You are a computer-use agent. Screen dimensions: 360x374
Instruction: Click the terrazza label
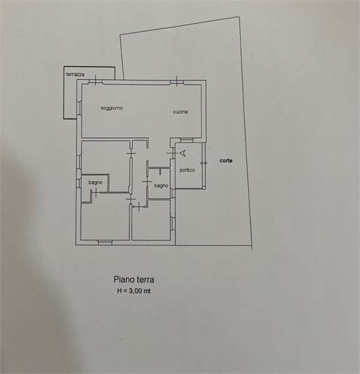coord(75,75)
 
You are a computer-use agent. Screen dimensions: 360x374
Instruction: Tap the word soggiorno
coord(112,108)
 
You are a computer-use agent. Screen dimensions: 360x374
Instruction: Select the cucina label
coord(180,112)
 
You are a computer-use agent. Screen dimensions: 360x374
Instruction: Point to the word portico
coord(187,170)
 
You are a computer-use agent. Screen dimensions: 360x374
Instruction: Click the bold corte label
coord(226,161)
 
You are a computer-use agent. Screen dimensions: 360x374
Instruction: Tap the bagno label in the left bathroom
coord(96,182)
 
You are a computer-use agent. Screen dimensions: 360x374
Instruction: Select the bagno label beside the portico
coord(161,186)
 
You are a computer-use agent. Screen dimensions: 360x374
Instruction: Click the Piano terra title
coord(134,279)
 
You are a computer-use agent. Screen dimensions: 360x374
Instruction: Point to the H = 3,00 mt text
coord(134,291)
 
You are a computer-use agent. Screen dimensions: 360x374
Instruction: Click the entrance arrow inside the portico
coord(183,154)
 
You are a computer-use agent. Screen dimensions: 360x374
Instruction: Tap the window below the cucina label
coord(187,140)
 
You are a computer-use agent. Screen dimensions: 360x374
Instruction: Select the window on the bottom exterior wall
coord(105,243)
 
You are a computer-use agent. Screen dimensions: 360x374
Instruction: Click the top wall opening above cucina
coord(177,82)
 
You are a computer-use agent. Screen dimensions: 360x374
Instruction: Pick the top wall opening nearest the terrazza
coord(96,81)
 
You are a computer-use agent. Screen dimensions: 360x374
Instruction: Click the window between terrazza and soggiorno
coord(79,109)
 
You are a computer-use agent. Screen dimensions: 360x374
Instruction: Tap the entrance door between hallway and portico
coord(173,153)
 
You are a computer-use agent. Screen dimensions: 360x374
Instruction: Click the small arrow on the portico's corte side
coord(204,163)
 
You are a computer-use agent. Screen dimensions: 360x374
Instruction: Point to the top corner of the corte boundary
coord(239,17)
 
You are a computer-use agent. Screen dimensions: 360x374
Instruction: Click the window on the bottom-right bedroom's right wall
coord(173,224)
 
